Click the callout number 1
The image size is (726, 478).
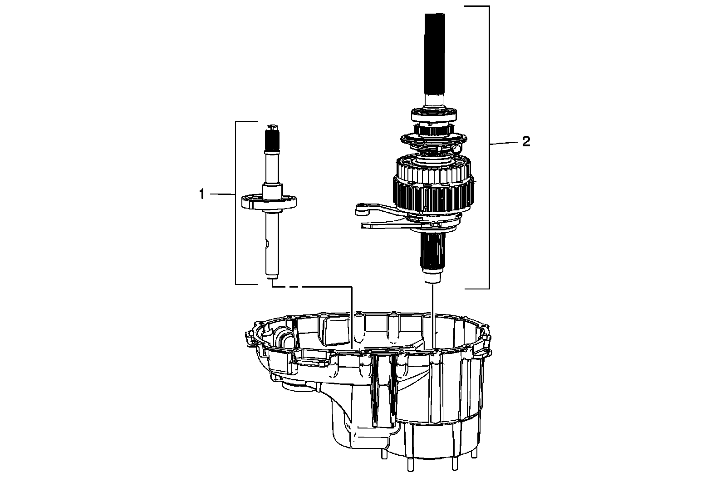pyautogui.click(x=201, y=194)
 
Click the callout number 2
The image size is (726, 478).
pyautogui.click(x=525, y=142)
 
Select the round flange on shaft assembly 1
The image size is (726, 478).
pyautogui.click(x=270, y=201)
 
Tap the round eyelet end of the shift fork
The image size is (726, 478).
pyautogui.click(x=362, y=209)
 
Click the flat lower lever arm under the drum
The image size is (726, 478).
pyautogui.click(x=386, y=224)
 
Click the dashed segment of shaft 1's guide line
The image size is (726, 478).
pyautogui.click(x=290, y=287)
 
